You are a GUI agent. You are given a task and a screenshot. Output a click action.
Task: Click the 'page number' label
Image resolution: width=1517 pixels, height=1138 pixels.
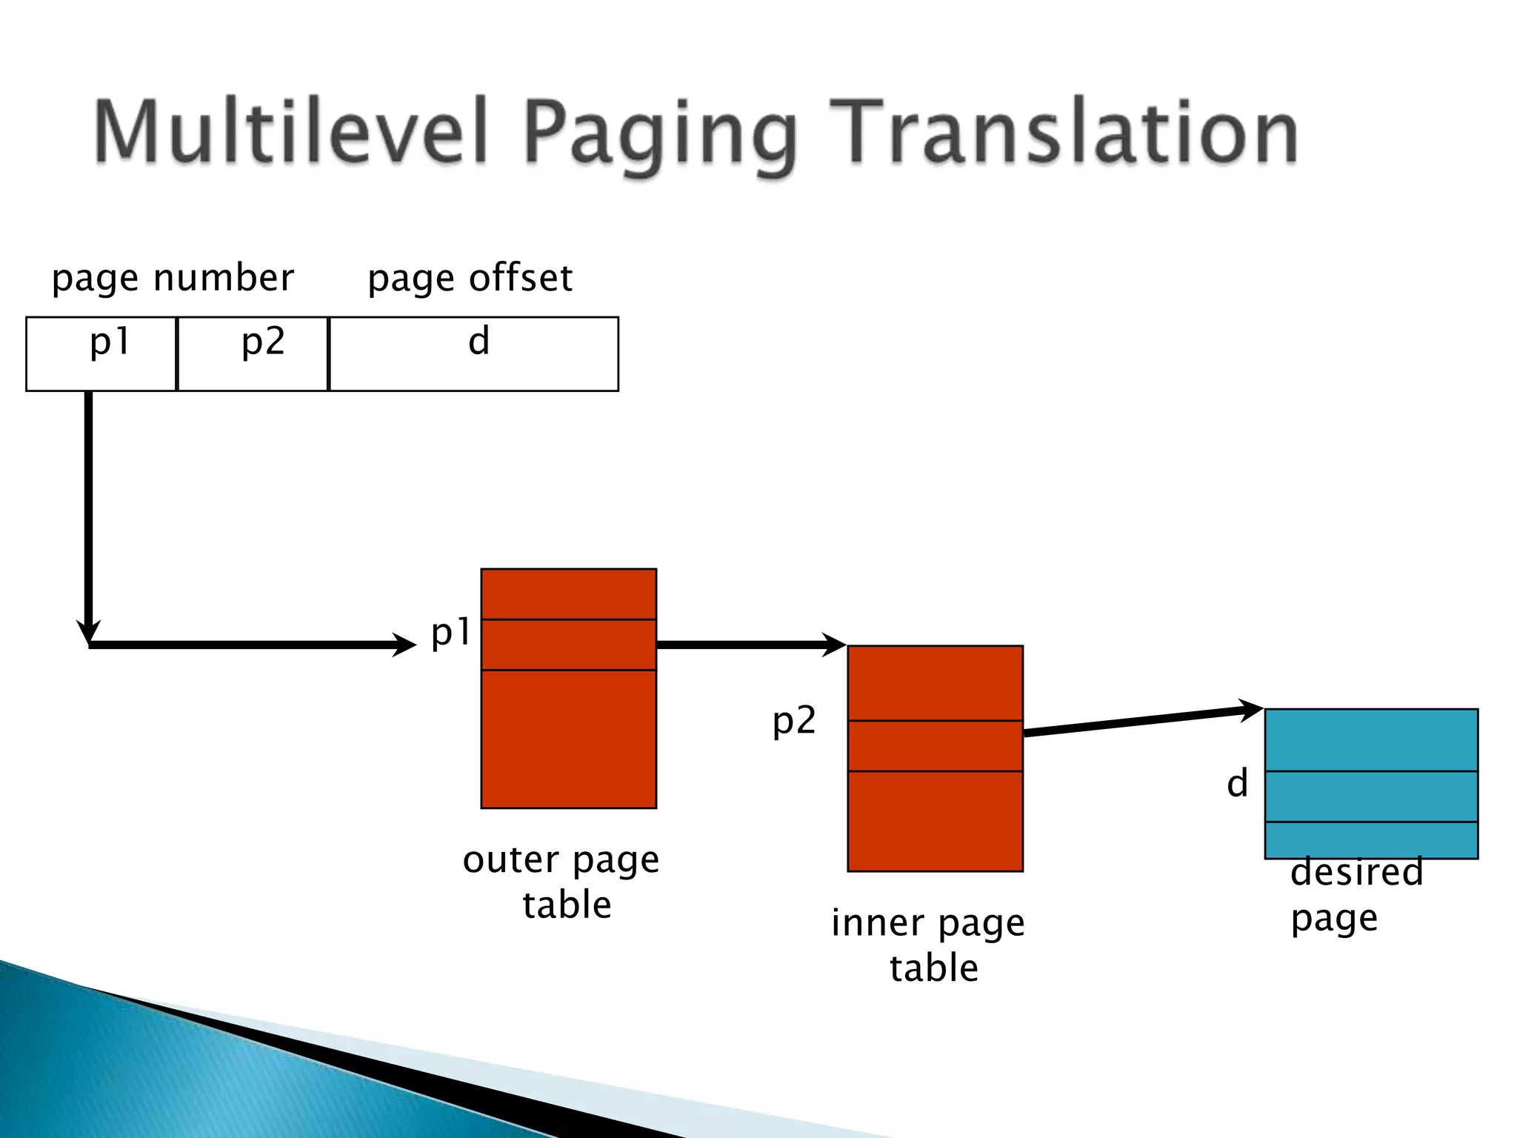pyautogui.click(x=173, y=279)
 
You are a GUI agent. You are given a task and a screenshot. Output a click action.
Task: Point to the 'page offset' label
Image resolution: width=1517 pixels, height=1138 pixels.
pyautogui.click(x=470, y=279)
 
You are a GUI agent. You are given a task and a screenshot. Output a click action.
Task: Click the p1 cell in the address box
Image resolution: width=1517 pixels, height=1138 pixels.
pyautogui.click(x=101, y=353)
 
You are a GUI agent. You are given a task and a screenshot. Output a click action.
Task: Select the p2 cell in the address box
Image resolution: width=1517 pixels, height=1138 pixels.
pyautogui.click(x=253, y=353)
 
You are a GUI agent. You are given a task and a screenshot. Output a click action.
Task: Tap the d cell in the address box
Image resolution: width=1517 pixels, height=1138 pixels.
pyautogui.click(x=473, y=353)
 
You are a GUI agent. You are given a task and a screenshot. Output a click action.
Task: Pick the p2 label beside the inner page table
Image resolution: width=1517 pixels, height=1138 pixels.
pyautogui.click(x=794, y=721)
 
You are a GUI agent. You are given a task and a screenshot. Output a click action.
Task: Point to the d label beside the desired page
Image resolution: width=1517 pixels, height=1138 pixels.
pyautogui.click(x=1237, y=784)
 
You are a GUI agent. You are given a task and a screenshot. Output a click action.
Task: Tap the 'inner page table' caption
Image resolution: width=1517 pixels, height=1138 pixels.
pyautogui.click(x=929, y=945)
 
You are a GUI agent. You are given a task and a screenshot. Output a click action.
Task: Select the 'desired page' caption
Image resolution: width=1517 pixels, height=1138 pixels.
pyautogui.click(x=1356, y=894)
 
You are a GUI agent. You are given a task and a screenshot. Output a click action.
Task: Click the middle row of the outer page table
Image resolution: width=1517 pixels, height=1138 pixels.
pyautogui.click(x=568, y=645)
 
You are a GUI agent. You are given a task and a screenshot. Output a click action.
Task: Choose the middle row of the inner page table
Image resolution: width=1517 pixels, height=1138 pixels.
pyautogui.click(x=935, y=746)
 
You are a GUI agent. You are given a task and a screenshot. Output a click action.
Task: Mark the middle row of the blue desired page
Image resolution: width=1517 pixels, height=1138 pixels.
pyautogui.click(x=1371, y=796)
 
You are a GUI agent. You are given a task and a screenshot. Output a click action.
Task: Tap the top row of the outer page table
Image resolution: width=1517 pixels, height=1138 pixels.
pyautogui.click(x=568, y=594)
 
